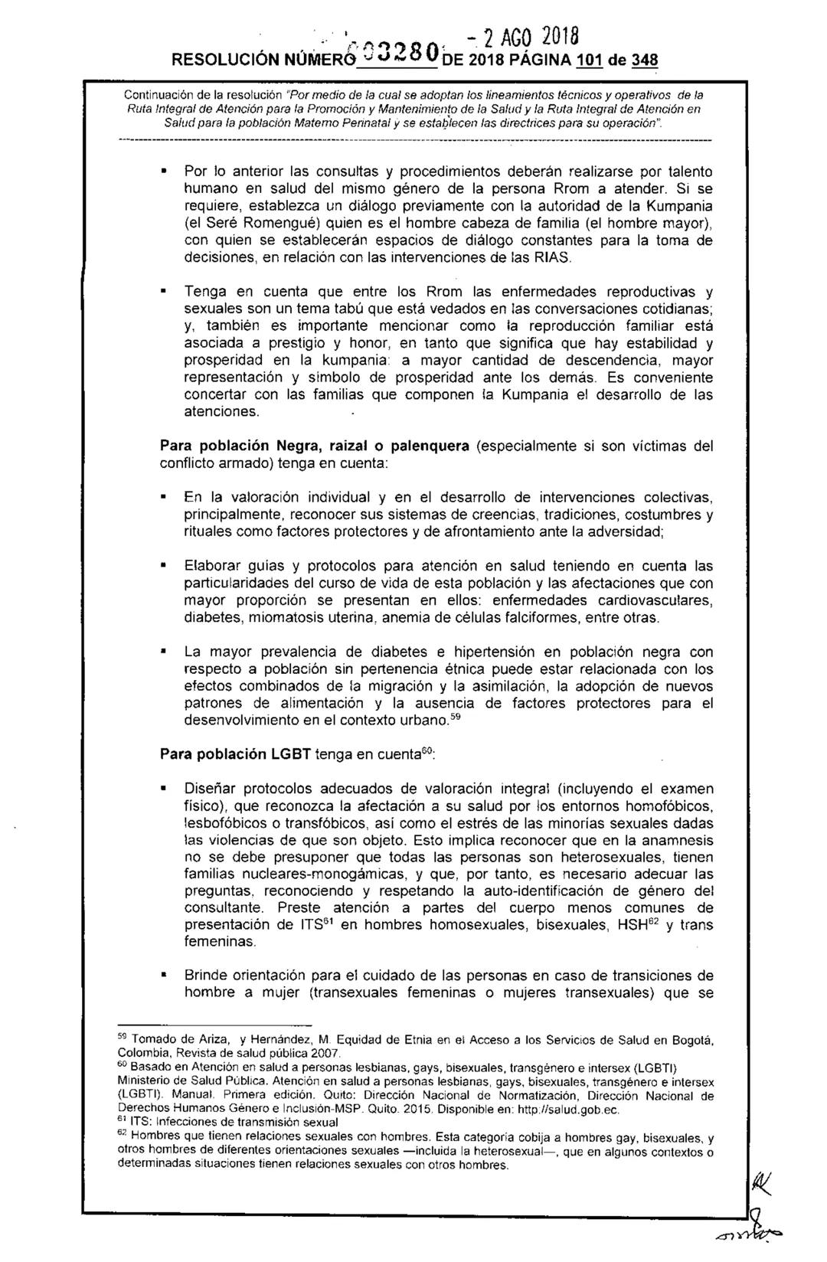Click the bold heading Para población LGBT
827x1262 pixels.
(x=234, y=754)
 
